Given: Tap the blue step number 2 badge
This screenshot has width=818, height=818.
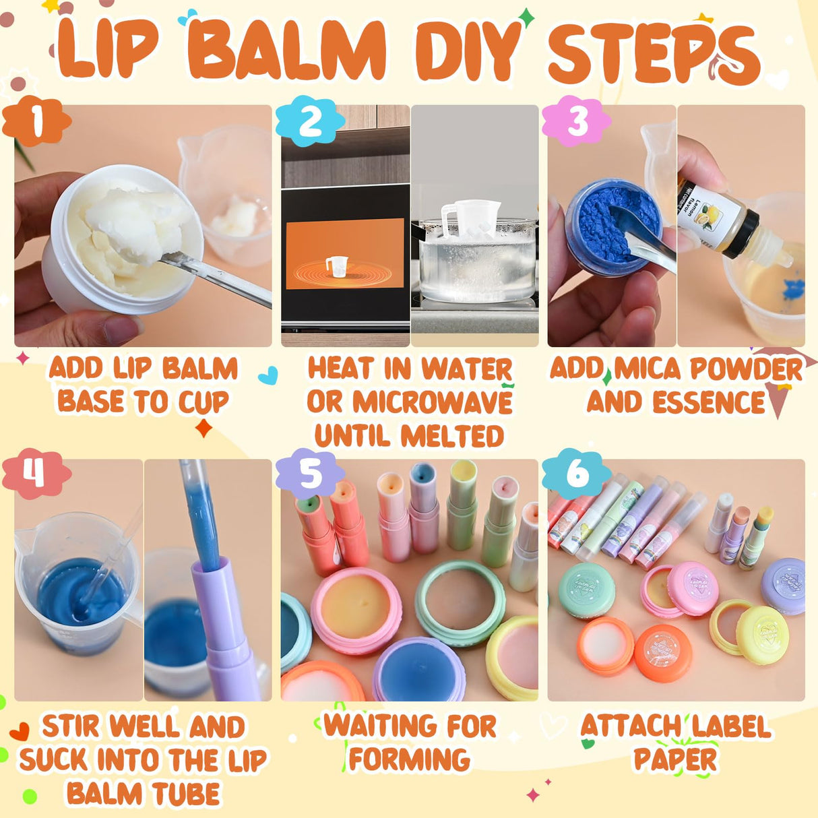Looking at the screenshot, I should [310, 122].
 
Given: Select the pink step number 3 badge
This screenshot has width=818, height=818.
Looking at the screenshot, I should [577, 122].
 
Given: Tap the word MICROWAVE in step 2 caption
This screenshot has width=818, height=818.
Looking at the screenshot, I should [433, 402].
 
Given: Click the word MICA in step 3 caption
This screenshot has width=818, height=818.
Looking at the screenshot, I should [647, 369].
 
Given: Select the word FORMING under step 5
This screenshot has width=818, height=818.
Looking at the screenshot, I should [409, 759].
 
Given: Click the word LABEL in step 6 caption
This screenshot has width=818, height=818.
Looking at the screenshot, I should [729, 726].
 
